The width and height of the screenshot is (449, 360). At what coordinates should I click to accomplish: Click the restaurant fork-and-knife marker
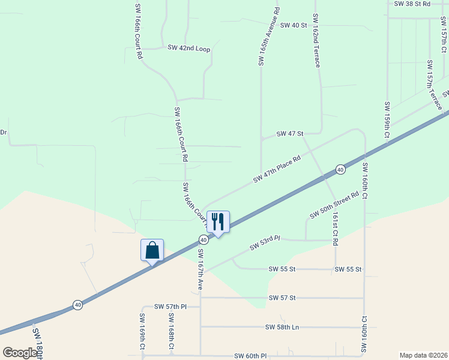point(218,222)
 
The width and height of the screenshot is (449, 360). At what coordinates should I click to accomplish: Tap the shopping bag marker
point(152,250)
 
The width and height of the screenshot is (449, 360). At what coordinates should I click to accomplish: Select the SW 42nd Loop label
point(188,48)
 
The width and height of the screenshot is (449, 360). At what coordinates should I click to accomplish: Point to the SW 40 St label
point(294,25)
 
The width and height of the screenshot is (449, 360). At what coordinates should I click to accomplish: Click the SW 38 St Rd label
point(412,4)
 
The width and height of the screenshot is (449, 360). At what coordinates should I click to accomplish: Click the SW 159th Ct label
point(387,121)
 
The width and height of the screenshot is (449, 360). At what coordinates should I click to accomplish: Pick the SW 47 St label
point(290,133)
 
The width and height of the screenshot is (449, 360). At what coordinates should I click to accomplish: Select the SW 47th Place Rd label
point(276,167)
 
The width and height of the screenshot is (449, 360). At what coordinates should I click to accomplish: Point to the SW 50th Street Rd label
point(334,205)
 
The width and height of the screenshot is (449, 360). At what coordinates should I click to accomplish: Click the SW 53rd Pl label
point(265,242)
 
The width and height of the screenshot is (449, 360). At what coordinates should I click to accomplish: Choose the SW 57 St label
point(282,298)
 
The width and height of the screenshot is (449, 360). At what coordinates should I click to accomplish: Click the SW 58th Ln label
point(282,327)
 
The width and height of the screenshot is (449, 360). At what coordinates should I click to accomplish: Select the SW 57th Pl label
point(170,307)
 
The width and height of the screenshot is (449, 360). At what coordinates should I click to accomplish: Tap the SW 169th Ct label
point(143,331)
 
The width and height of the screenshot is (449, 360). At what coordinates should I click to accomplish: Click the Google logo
point(20,353)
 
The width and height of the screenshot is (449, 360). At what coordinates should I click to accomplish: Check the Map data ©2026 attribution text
point(423,355)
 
